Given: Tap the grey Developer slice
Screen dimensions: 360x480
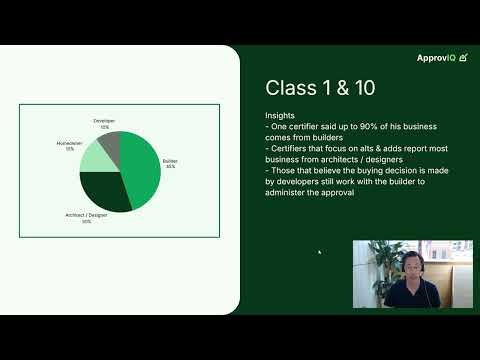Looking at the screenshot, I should click(x=109, y=145).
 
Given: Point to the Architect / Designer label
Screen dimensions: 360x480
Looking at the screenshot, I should click(x=87, y=217).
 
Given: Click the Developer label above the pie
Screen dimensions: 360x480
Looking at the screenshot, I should click(x=104, y=120).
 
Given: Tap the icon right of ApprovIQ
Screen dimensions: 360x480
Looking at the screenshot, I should click(x=464, y=57).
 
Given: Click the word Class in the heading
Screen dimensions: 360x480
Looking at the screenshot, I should click(x=289, y=88).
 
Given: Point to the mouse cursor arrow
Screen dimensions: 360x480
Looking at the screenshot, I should click(x=320, y=252).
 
